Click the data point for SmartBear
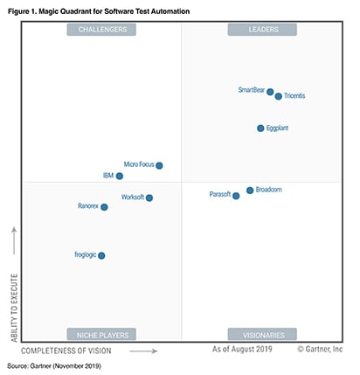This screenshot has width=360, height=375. (270, 92)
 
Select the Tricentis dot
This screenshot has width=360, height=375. (279, 96)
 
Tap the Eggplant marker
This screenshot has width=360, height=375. (260, 128)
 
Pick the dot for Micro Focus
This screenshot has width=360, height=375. (159, 165)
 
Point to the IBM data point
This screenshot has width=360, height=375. (120, 176)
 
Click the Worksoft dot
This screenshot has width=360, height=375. (149, 198)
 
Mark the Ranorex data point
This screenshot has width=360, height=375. (104, 207)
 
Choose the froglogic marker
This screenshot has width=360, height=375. (101, 256)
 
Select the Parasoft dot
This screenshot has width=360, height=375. (236, 196)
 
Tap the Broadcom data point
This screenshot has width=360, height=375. (250, 190)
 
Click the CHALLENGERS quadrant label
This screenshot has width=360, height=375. (102, 30)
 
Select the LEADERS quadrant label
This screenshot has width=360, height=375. (262, 30)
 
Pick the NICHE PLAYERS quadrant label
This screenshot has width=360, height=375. (102, 334)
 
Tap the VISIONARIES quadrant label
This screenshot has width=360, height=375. (262, 334)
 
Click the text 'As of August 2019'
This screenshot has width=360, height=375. (242, 350)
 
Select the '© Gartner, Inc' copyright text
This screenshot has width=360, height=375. (320, 350)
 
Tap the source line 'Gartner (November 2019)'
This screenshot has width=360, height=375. (66, 365)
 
